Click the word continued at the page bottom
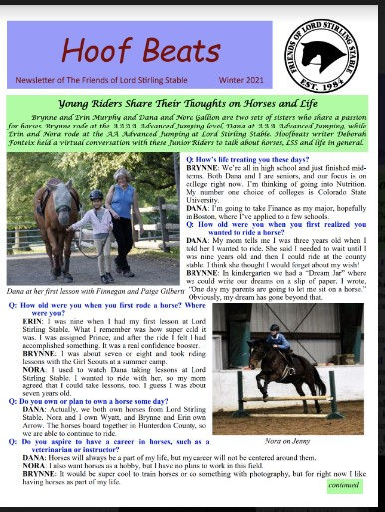coord(342,484)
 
